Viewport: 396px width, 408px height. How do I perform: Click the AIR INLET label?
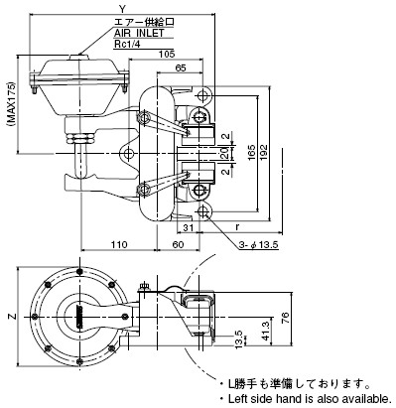(x=139, y=33)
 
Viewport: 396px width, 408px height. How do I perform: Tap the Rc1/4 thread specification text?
(x=127, y=44)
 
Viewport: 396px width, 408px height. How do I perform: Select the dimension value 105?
(x=167, y=54)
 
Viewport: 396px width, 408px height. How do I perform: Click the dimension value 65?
(x=181, y=68)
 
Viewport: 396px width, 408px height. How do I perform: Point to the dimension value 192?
(x=263, y=152)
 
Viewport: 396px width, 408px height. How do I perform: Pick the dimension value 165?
(x=251, y=152)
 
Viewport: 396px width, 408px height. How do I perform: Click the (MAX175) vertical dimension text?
(x=11, y=103)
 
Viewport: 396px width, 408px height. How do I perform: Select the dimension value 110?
(x=119, y=244)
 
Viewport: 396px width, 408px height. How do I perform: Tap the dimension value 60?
(x=178, y=244)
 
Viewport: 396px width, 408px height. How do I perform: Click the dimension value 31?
(x=189, y=227)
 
